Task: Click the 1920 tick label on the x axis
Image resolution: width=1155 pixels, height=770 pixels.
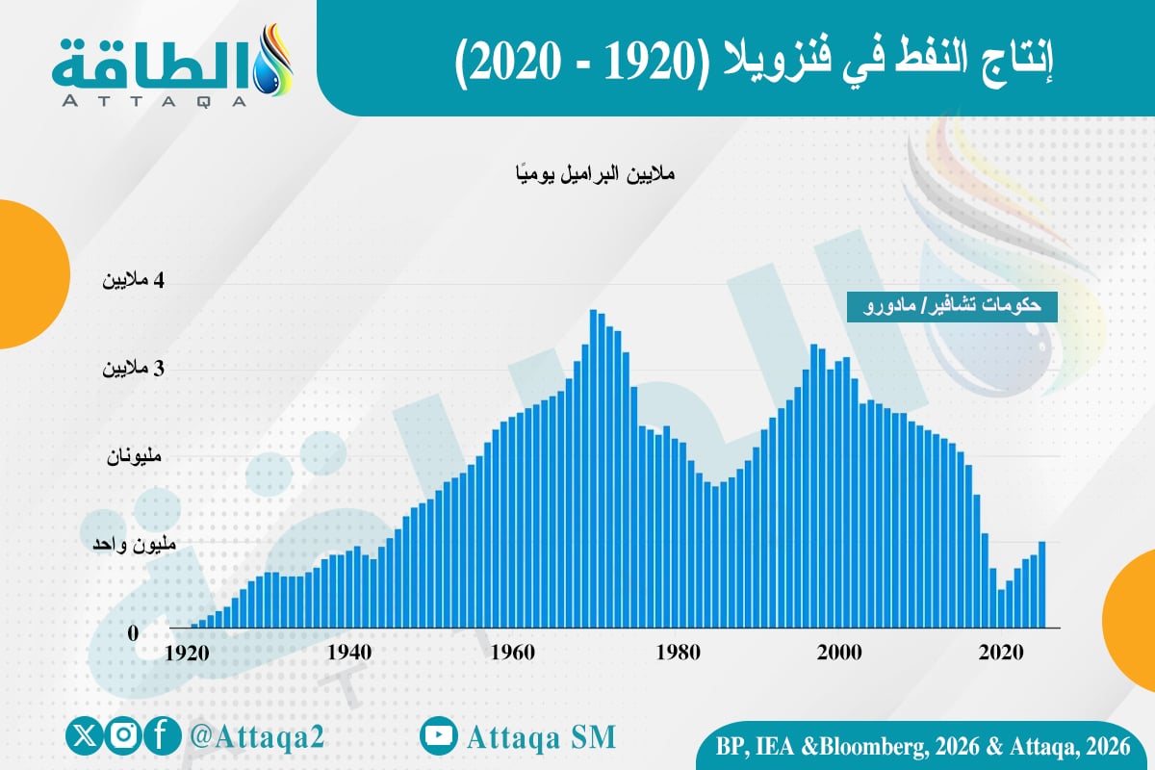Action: tap(188, 652)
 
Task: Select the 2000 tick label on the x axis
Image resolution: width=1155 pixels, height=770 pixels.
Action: tap(838, 652)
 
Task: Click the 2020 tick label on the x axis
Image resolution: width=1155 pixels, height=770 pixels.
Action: tap(1001, 652)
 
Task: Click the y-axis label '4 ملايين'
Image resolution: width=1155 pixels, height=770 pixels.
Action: tap(135, 281)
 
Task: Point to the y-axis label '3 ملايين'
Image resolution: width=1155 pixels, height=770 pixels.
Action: tap(135, 369)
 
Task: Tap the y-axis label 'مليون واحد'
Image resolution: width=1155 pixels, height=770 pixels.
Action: tap(134, 544)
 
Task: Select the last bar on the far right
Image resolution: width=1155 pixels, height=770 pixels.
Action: tap(1041, 584)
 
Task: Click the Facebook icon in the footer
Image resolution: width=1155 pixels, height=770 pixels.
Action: tap(164, 736)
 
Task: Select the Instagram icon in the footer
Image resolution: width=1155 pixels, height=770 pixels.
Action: tap(123, 736)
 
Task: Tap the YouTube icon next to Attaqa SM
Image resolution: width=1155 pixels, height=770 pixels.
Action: tap(438, 736)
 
